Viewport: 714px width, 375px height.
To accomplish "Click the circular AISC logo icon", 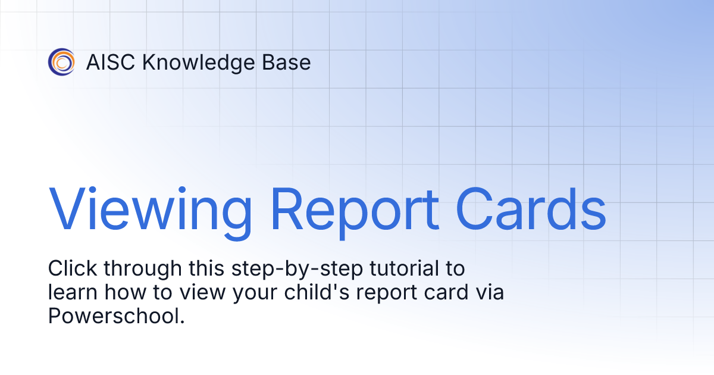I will tap(61, 62).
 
